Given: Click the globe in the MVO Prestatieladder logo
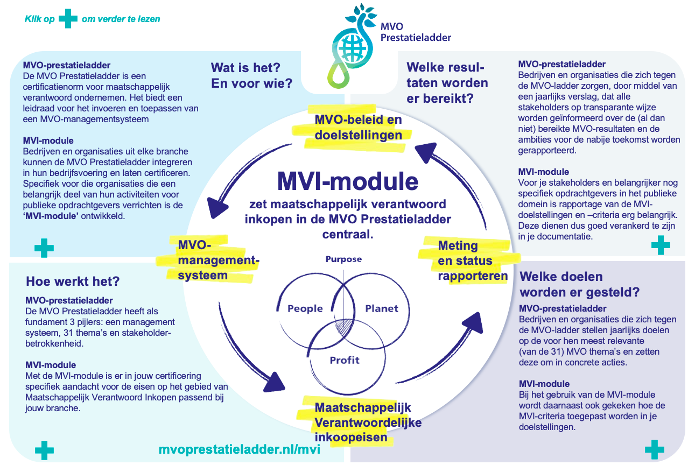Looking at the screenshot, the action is [353, 48].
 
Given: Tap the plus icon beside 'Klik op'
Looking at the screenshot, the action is [68, 19].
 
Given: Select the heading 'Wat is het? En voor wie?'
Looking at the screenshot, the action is [251, 75].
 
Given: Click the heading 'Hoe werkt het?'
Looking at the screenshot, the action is [73, 281].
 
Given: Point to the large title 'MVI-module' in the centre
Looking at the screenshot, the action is [348, 181].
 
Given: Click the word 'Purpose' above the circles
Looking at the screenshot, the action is [343, 259].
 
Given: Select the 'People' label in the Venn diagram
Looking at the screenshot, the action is [305, 308].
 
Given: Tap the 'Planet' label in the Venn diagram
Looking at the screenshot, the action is [382, 308].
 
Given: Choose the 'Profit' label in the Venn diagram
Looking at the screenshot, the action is [345, 360].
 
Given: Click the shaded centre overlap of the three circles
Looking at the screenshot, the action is [344, 326].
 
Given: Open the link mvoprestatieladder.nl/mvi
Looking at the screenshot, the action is [239, 449].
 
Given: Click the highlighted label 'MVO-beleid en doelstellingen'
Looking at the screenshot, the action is [358, 128].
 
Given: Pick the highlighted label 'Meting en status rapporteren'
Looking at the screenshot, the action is [473, 260].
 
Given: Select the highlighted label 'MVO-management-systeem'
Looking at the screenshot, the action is [219, 260].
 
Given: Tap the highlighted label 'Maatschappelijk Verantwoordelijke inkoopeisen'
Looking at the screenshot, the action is [368, 422].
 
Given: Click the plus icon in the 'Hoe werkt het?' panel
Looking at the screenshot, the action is [44, 450].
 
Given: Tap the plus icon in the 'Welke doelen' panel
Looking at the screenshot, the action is [655, 449].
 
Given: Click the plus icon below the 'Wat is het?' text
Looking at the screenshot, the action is [44, 248].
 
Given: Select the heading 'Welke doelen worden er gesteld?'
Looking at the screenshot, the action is [580, 284].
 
